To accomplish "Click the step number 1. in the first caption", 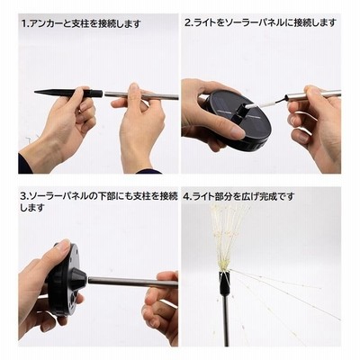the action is point(24,23).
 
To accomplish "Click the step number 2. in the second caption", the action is point(189,22).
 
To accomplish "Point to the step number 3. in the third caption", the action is point(24,197).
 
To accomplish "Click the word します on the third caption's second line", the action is point(32,208).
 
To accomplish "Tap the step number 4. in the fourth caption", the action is point(187,197).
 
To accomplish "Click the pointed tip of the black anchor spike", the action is point(35,92).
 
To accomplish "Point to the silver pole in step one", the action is point(141,95).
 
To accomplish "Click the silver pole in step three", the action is point(132,282).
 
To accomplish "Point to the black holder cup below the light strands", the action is point(225,283).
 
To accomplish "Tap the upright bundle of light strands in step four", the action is point(228,237).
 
